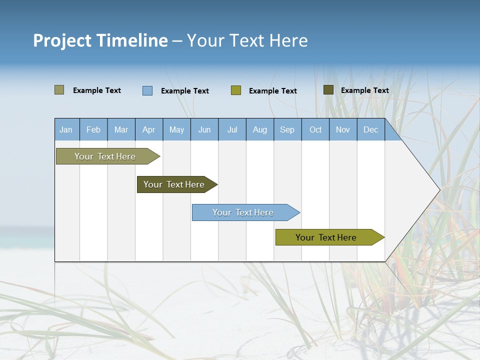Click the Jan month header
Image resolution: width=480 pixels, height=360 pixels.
[66, 129]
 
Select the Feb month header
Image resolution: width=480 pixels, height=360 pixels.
[93, 129]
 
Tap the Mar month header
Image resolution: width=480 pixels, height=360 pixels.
[121, 129]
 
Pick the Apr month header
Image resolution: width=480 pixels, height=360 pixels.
[149, 129]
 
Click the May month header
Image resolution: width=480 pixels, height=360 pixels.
[176, 129]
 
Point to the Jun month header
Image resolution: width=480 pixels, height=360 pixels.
[204, 129]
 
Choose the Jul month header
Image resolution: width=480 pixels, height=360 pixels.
[232, 129]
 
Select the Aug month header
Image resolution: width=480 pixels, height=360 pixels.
[260, 129]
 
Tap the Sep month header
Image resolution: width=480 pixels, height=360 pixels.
[287, 129]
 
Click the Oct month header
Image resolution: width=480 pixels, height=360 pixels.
[315, 129]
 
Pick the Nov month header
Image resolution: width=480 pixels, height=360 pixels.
[343, 129]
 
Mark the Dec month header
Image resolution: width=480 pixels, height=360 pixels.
[371, 129]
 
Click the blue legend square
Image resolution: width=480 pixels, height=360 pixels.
[147, 90]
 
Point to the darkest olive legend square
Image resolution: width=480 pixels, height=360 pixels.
[328, 90]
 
